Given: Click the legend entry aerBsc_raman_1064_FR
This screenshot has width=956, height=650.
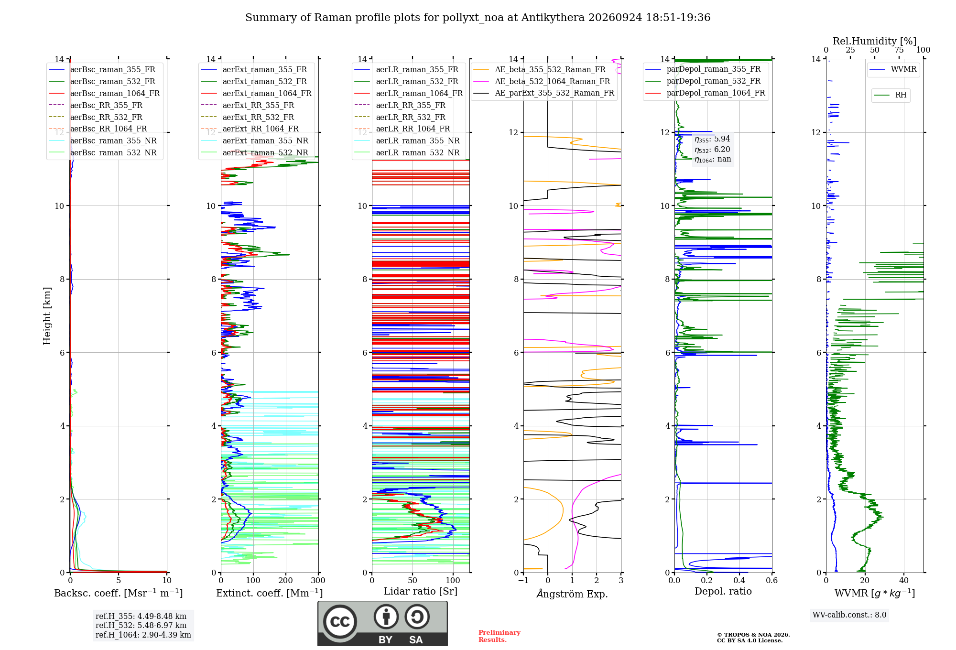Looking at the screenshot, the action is click(x=104, y=93).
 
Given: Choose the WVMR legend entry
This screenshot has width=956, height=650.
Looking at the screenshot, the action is click(x=893, y=69).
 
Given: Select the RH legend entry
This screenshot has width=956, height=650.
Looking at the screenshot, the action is click(x=890, y=95).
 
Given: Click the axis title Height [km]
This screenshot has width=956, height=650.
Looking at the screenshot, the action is click(x=47, y=316).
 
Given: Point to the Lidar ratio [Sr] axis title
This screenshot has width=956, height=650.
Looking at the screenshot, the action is click(x=421, y=591).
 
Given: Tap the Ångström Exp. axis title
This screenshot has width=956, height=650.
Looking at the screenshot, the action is click(x=572, y=594).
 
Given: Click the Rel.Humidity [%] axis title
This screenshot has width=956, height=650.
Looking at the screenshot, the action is click(x=875, y=41).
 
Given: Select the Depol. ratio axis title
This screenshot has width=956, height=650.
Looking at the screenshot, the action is click(x=723, y=591).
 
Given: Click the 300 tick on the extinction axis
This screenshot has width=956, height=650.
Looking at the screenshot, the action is click(x=318, y=580).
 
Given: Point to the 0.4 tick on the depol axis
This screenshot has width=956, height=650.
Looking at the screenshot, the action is click(x=739, y=580).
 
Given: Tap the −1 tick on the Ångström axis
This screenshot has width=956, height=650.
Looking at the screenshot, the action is click(x=523, y=580).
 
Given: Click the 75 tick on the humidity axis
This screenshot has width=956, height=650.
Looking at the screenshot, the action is click(x=899, y=50).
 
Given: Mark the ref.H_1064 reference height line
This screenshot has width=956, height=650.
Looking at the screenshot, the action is click(x=143, y=635).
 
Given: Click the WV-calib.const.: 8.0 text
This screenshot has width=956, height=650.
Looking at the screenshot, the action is click(x=849, y=615).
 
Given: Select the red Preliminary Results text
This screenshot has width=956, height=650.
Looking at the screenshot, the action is click(x=500, y=636).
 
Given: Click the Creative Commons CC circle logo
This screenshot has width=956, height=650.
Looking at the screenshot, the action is click(x=340, y=621).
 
